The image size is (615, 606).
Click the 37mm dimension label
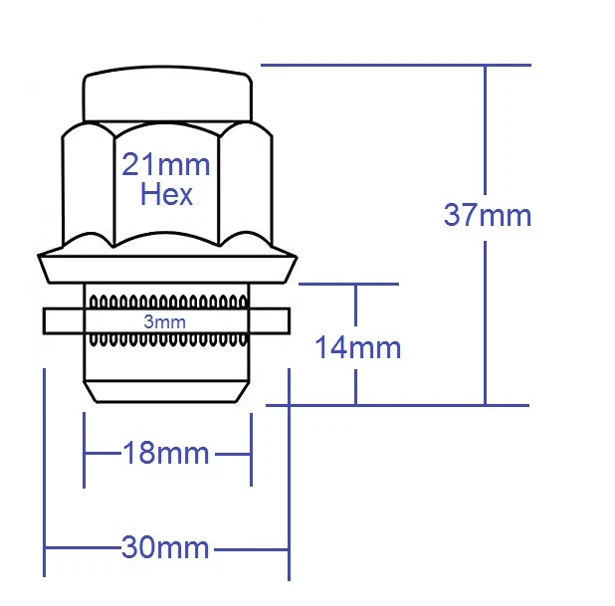487,215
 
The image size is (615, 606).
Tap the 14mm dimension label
357,347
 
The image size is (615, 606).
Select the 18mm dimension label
165,454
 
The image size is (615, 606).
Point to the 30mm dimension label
165,547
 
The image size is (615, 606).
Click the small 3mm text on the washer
164,322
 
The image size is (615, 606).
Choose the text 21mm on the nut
166,164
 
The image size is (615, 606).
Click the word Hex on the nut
166,194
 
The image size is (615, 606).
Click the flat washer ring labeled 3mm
60,321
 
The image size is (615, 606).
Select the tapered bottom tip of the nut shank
166,390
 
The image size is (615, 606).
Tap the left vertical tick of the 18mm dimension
84,453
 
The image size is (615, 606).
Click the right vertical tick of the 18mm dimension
250,453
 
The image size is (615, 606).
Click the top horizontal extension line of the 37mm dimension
398,66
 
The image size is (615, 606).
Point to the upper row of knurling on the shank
166,300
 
